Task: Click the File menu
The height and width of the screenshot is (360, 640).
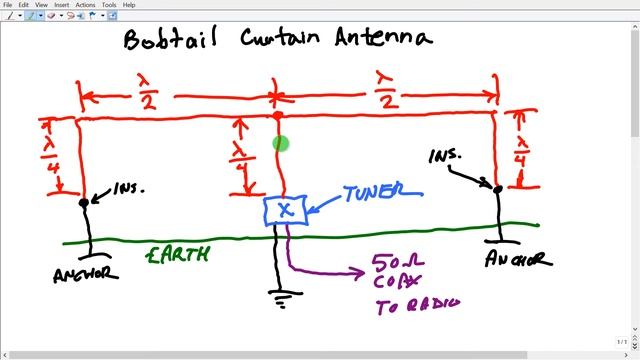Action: click(x=8, y=5)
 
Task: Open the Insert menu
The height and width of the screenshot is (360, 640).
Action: click(x=61, y=5)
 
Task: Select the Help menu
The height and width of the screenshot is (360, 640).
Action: click(x=129, y=5)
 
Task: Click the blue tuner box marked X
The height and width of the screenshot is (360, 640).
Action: click(x=285, y=210)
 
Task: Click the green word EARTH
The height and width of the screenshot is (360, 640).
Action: click(x=177, y=256)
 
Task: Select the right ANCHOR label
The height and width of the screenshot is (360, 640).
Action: click(x=516, y=260)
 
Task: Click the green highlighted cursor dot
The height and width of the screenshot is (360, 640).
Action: click(x=280, y=144)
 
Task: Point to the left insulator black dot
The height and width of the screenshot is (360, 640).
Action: click(x=84, y=202)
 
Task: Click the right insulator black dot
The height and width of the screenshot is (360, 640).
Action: click(x=497, y=186)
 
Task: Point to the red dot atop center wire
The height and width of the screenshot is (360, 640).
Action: click(x=278, y=116)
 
